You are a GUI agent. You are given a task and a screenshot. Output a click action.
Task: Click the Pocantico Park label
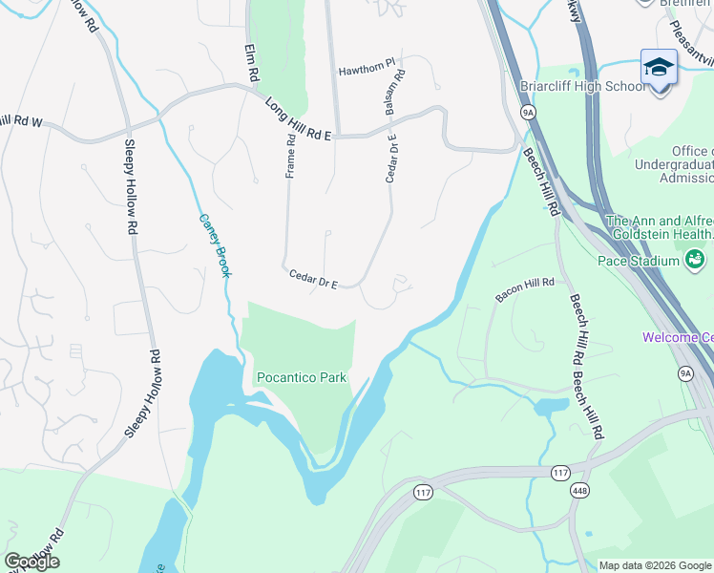301,377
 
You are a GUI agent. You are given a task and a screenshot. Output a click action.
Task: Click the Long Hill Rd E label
297,119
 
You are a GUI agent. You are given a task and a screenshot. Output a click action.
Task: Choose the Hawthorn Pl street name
366,72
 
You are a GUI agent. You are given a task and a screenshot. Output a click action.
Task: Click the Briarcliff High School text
583,86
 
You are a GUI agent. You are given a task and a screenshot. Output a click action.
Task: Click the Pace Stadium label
638,260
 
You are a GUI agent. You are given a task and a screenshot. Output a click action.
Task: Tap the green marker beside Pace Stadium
695,259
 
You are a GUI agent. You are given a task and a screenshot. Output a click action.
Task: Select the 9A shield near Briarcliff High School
527,112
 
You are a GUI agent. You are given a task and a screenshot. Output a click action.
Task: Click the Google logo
31,562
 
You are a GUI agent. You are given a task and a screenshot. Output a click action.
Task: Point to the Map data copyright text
655,565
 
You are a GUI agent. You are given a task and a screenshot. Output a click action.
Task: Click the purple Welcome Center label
678,337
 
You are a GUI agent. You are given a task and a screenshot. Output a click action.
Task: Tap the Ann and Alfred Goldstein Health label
660,226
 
